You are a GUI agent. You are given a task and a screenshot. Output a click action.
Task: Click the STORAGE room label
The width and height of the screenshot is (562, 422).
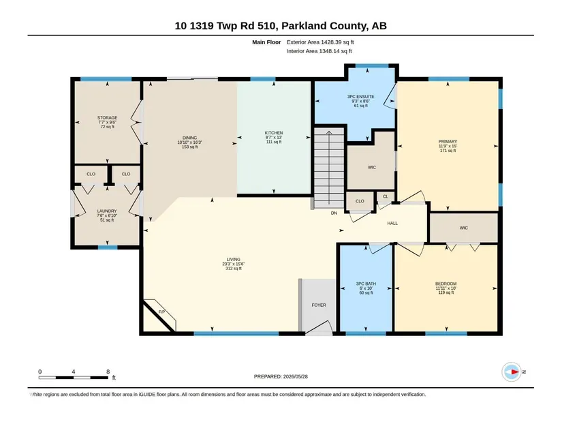tap(107, 118)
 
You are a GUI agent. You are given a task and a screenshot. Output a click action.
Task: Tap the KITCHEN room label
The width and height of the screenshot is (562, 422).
tap(274, 133)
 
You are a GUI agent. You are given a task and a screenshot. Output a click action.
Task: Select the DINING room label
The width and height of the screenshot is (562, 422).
tap(189, 138)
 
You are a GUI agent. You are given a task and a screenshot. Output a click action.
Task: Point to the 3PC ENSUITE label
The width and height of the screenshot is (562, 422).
tap(360, 97)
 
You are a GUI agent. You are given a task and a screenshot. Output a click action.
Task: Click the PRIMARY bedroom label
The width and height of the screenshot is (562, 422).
tap(448, 142)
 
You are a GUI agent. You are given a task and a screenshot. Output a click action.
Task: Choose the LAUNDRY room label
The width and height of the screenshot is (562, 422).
tap(107, 211)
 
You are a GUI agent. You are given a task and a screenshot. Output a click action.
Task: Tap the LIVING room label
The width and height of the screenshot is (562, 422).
tap(234, 260)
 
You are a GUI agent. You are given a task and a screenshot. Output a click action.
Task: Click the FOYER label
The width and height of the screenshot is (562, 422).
tap(319, 305)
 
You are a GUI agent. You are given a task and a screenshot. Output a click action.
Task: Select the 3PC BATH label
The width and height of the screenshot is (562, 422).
tap(366, 284)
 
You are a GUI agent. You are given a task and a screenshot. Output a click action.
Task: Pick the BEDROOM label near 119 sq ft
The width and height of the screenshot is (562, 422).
tap(446, 284)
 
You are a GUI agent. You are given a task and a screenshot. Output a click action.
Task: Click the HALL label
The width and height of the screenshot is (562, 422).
tap(392, 223)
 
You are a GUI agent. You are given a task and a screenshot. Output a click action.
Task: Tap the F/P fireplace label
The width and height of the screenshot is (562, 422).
tap(161, 312)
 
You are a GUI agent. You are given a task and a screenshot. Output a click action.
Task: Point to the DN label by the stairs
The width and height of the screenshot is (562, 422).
tap(334, 213)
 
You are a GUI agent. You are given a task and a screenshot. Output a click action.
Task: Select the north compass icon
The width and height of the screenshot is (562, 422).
tap(512, 372)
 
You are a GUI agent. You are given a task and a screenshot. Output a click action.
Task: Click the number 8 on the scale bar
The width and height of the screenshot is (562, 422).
tap(108, 372)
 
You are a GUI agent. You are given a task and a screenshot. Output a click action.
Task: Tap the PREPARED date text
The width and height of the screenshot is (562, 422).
tap(281, 376)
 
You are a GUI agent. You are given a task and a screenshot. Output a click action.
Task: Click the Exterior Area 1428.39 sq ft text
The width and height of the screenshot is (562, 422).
tap(320, 42)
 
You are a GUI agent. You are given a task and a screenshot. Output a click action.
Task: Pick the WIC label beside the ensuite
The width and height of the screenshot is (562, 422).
tap(372, 167)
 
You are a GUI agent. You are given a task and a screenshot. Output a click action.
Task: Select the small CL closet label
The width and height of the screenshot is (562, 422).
tap(386, 196)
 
